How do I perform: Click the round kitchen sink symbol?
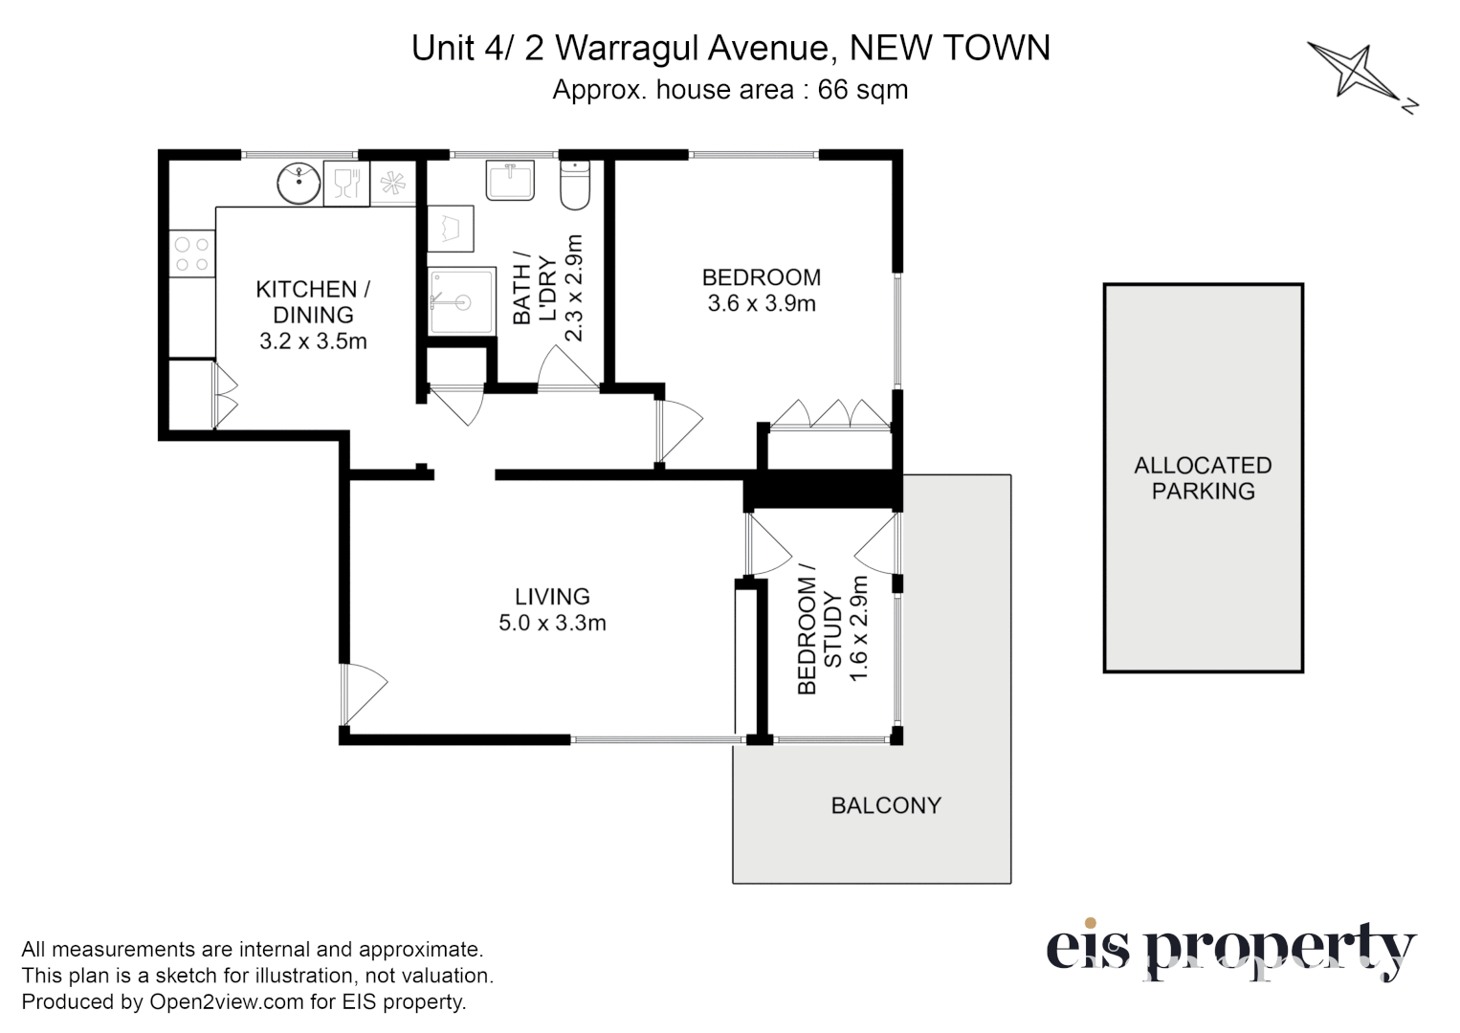[299, 183]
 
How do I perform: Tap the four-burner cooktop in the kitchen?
[191, 254]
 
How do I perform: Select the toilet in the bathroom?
[575, 187]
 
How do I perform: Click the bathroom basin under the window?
[510, 181]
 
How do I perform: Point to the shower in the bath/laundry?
[461, 301]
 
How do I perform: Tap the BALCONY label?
[886, 805]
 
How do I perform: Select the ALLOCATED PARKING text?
[1203, 478]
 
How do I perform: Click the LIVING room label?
[552, 597]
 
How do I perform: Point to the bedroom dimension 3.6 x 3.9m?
[762, 304]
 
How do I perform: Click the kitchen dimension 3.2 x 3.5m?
[313, 341]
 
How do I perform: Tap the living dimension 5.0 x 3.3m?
[552, 624]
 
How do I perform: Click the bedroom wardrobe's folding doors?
[830, 413]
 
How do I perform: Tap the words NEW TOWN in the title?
[949, 48]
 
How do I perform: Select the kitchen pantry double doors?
[226, 395]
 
